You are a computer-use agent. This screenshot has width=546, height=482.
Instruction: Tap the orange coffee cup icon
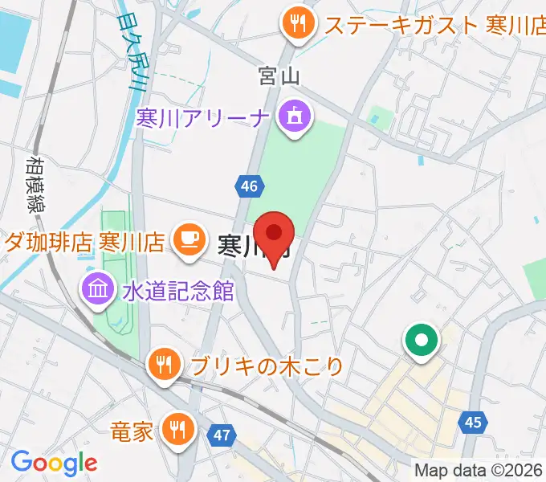point(188,239)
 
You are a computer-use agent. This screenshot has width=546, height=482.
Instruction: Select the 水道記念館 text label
point(178,290)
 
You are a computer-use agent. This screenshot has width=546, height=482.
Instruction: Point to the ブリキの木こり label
point(267,367)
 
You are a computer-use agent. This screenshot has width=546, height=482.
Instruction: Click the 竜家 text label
point(132,431)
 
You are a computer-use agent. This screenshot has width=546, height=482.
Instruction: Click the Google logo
point(54,462)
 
